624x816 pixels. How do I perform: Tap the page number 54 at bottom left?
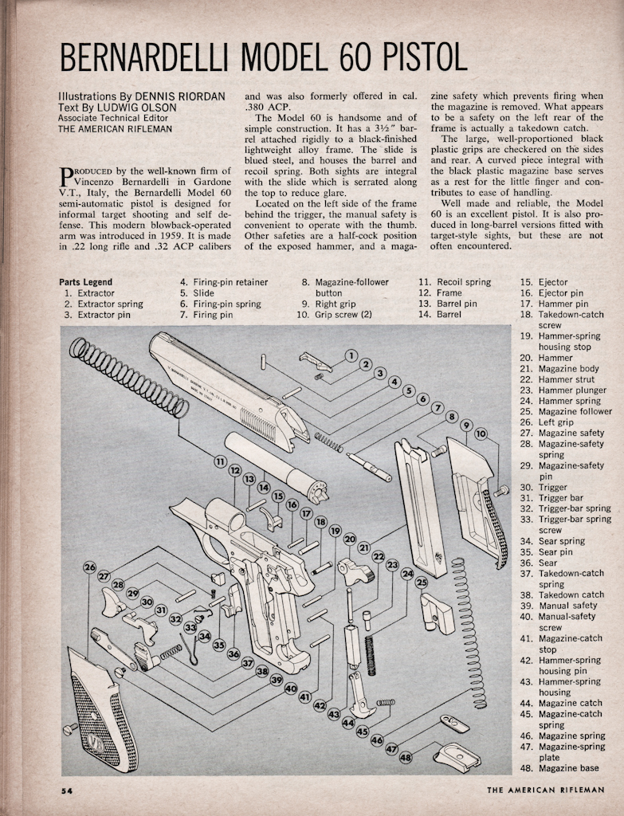(x=67, y=790)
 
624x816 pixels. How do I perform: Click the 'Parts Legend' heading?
(x=86, y=282)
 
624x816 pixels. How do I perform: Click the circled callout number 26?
(x=89, y=567)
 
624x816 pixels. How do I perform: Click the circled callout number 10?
(x=481, y=433)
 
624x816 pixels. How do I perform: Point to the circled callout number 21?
(x=364, y=547)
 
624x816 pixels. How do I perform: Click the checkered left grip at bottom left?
(x=100, y=708)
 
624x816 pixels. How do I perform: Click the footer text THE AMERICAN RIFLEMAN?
(x=545, y=790)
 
